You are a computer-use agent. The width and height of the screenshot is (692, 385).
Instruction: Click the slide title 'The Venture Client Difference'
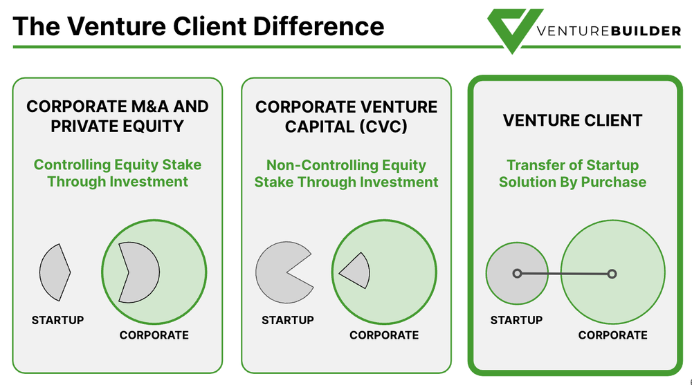[x=199, y=26]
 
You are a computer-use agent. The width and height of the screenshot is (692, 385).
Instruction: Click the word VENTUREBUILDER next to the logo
[x=608, y=30]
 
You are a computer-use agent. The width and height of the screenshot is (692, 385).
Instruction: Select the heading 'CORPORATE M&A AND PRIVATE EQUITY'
[x=117, y=116]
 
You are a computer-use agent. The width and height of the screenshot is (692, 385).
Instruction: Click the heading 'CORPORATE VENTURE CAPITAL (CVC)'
[x=346, y=116]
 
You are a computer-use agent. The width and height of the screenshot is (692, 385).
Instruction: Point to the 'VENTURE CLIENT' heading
[x=572, y=120]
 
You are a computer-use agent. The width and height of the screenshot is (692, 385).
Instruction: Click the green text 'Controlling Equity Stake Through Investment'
[x=118, y=173]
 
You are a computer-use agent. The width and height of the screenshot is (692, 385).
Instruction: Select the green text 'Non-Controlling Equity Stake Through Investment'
[x=346, y=173]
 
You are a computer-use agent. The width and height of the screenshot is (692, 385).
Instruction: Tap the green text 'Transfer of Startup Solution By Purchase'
[x=572, y=173]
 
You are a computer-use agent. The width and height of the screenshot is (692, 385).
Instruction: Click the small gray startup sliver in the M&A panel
[x=54, y=272]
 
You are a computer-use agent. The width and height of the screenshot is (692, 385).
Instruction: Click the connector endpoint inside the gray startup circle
[x=517, y=274]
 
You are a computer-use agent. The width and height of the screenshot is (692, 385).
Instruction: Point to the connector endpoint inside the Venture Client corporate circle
[x=612, y=274]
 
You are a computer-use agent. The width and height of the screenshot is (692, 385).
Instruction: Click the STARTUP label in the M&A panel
[x=57, y=320]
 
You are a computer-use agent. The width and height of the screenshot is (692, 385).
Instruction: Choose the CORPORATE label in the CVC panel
[x=384, y=335]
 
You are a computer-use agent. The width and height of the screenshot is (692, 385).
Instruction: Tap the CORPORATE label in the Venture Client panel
[x=613, y=335]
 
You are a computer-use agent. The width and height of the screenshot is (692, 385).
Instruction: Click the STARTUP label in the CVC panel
[x=287, y=320]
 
